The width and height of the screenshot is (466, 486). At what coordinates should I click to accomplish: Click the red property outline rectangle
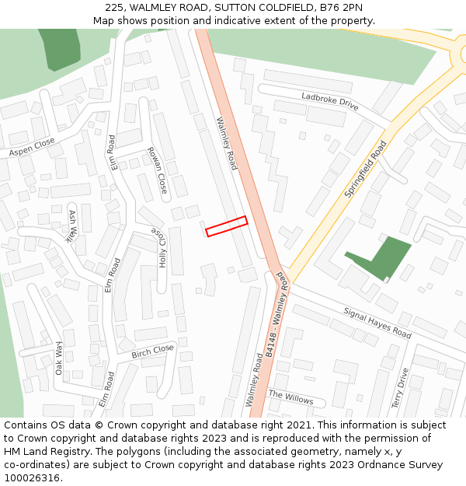click(227, 226)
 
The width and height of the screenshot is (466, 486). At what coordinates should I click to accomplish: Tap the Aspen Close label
click(32, 148)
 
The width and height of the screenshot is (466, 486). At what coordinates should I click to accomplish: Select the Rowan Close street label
click(157, 170)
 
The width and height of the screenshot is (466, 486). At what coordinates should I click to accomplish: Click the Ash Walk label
click(73, 226)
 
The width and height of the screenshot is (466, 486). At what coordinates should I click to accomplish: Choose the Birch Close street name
click(152, 351)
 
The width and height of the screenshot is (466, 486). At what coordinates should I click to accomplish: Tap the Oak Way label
click(59, 358)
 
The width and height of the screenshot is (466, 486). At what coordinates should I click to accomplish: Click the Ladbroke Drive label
click(330, 101)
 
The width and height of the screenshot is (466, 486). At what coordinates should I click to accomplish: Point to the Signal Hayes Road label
click(377, 322)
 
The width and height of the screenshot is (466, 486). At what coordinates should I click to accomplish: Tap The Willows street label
click(291, 397)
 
